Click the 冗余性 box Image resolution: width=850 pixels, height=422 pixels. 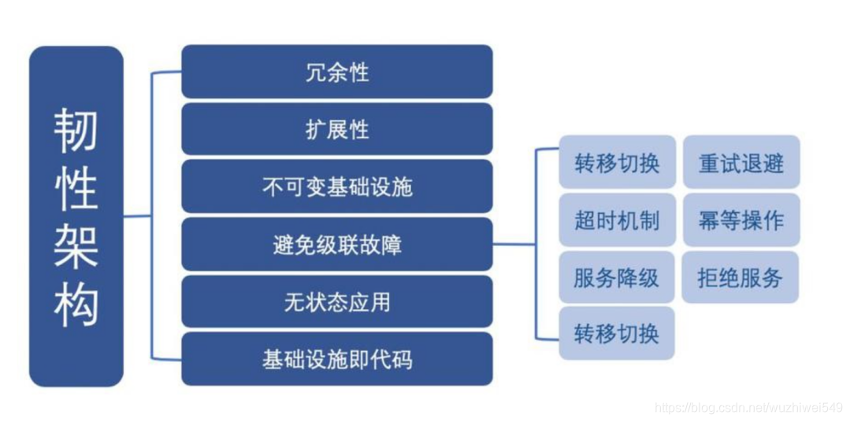pyautogui.click(x=337, y=73)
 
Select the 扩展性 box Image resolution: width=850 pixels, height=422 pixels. pyautogui.click(x=337, y=129)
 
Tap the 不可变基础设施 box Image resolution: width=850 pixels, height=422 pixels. pyautogui.click(x=337, y=187)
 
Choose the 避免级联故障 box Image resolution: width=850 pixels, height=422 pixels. pyautogui.click(x=337, y=245)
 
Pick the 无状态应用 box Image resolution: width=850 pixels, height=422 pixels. pyautogui.click(x=337, y=302)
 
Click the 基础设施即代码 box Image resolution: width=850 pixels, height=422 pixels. pyautogui.click(x=337, y=360)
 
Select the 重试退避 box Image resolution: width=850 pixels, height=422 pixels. pyautogui.click(x=741, y=162)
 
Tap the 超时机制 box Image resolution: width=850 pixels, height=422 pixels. pyautogui.click(x=617, y=220)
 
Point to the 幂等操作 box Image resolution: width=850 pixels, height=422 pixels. pyautogui.click(x=741, y=220)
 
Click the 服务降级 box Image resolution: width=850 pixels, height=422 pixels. pyautogui.click(x=617, y=278)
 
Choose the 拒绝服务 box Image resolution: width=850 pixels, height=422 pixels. pyautogui.click(x=741, y=278)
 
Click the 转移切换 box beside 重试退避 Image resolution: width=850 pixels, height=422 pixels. pyautogui.click(x=617, y=162)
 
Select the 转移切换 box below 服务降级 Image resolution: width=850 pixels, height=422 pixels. pyautogui.click(x=617, y=334)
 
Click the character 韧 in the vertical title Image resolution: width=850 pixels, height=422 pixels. pyautogui.click(x=76, y=130)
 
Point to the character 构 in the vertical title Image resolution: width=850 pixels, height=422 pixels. pyautogui.click(x=76, y=304)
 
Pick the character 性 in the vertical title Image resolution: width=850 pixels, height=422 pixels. pyautogui.click(x=76, y=188)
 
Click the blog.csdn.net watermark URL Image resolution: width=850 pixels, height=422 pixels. pyautogui.click(x=748, y=407)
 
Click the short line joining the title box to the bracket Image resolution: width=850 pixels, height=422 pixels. pyautogui.click(x=137, y=216)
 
